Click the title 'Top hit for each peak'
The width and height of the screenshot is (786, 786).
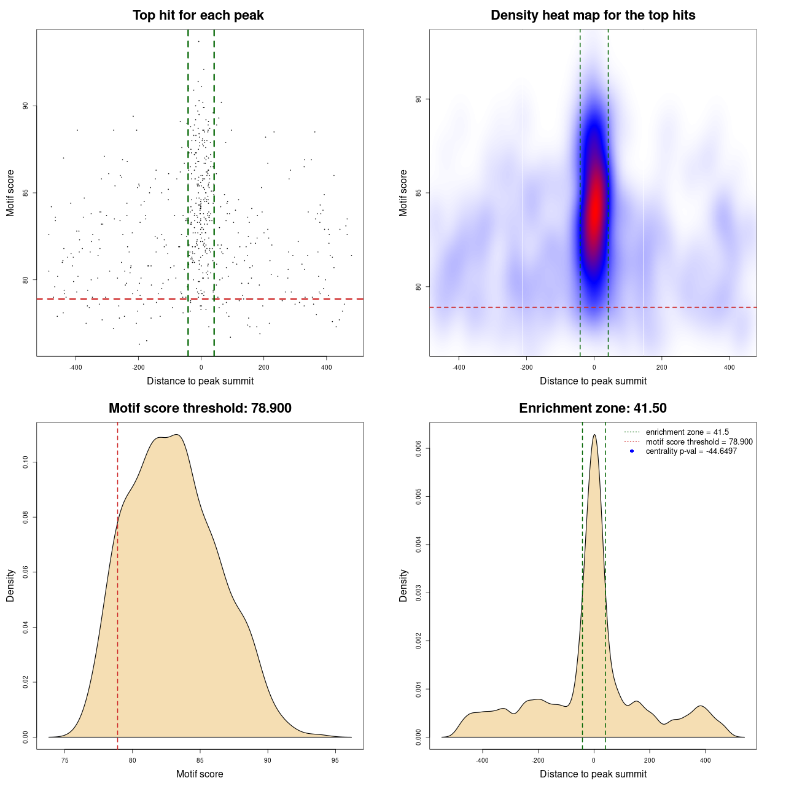click(198, 15)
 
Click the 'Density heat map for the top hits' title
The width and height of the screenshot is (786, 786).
click(593, 15)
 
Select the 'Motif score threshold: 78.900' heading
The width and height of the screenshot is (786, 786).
click(200, 408)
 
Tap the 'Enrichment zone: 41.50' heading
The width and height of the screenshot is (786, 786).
click(593, 408)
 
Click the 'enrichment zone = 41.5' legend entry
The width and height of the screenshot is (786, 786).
click(687, 432)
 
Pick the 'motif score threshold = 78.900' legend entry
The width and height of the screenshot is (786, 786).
click(699, 442)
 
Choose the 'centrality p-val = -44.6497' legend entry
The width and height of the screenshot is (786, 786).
click(691, 451)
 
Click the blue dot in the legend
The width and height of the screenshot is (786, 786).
click(632, 451)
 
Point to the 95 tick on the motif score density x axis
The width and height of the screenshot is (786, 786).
click(335, 760)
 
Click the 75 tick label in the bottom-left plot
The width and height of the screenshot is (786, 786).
click(65, 760)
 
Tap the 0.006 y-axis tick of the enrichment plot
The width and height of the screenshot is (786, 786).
click(419, 449)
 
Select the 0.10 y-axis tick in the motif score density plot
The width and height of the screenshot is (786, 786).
click(26, 462)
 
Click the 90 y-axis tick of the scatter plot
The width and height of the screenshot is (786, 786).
click(26, 106)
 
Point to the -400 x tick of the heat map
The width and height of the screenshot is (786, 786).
click(459, 367)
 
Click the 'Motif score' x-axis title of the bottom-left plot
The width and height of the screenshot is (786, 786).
click(200, 774)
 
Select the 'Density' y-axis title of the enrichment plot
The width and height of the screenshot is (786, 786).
click(403, 585)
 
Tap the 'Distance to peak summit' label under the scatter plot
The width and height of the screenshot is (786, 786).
click(200, 381)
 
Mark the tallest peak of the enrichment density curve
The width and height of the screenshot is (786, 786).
click(594, 435)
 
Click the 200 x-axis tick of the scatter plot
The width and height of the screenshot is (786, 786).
click(263, 367)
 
